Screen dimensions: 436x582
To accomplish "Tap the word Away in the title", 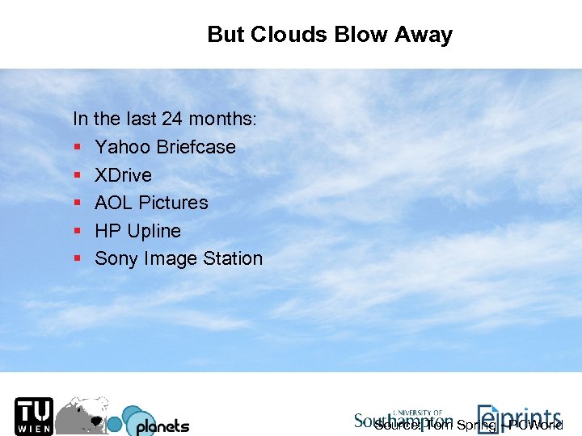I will click(424, 35).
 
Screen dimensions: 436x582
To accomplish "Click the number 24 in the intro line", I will click(171, 119).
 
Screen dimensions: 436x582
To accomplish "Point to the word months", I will click(221, 119).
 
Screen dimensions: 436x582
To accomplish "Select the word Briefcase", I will click(196, 147).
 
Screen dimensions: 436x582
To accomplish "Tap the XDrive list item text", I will click(123, 175).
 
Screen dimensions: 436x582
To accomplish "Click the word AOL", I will click(114, 203).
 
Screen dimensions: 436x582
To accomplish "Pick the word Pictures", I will click(174, 203).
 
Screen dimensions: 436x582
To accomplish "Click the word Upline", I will click(154, 231).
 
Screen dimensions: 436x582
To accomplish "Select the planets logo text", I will click(162, 426).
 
